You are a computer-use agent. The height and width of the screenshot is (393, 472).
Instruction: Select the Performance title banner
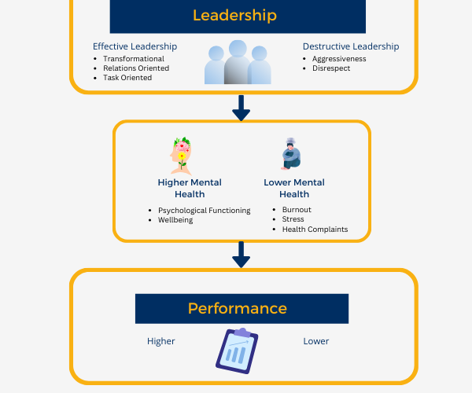pos(242,308)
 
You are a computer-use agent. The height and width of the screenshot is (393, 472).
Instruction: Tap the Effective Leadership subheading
pos(135,46)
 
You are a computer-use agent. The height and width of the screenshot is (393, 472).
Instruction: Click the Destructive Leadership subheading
pos(350,46)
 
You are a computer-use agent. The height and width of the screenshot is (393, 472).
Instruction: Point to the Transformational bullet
pos(133,59)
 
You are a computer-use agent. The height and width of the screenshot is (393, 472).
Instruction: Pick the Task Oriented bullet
pos(127,78)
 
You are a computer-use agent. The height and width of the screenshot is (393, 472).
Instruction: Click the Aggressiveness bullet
pos(339,59)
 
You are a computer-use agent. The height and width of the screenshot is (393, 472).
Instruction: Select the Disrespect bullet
pos(330,68)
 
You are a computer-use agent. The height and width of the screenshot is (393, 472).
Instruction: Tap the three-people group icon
pos(238,62)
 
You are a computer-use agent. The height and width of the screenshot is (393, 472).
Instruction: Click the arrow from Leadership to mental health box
pos(241,107)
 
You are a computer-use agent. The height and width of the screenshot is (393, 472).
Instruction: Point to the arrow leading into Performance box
pos(241,254)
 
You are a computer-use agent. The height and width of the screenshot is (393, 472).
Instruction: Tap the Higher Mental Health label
pos(190,188)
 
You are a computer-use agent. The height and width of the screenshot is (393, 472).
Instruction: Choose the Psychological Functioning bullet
pos(204,211)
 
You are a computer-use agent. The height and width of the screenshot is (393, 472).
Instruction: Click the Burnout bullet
pos(297,211)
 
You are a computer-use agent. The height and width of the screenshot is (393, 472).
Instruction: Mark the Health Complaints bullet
pos(315,230)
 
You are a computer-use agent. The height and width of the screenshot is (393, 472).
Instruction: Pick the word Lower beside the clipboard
pos(316,341)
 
